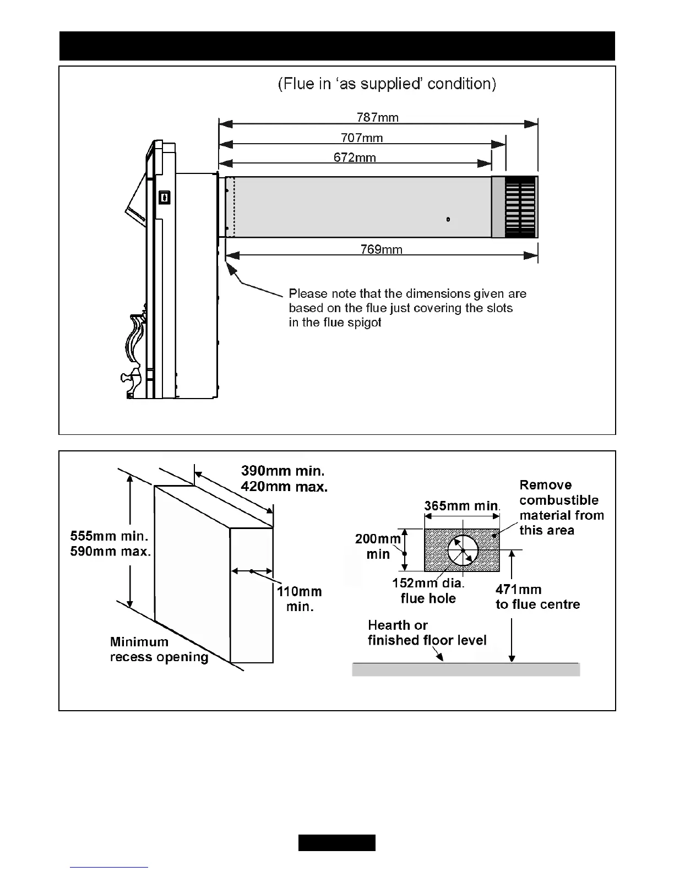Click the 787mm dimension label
point(377,117)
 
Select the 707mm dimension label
point(362,138)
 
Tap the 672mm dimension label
point(355,158)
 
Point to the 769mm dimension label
point(381,250)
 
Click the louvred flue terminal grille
point(520,207)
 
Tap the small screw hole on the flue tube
point(448,220)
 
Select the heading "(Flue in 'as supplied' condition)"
point(387,84)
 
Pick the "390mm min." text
point(282,471)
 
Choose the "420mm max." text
point(284,487)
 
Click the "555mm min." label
point(109,536)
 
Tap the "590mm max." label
point(111,551)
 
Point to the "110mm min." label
point(299,599)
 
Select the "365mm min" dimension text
point(461,506)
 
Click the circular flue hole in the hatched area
point(463,551)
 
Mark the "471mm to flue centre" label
point(537,597)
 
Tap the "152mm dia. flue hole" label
point(428,591)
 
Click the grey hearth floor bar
point(466,669)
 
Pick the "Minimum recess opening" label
point(159,650)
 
